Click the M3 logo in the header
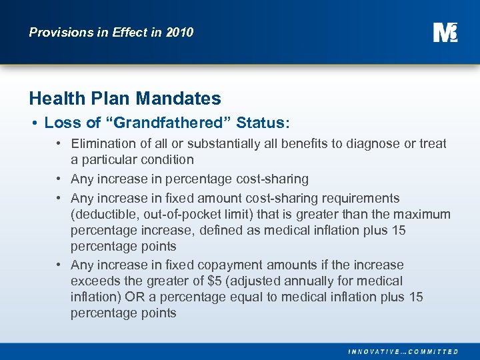(x=445, y=32)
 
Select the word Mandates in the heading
(x=178, y=99)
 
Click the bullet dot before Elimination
(x=59, y=143)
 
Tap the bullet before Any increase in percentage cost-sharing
(x=59, y=179)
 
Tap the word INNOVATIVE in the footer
(x=375, y=351)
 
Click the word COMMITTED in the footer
(x=433, y=351)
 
